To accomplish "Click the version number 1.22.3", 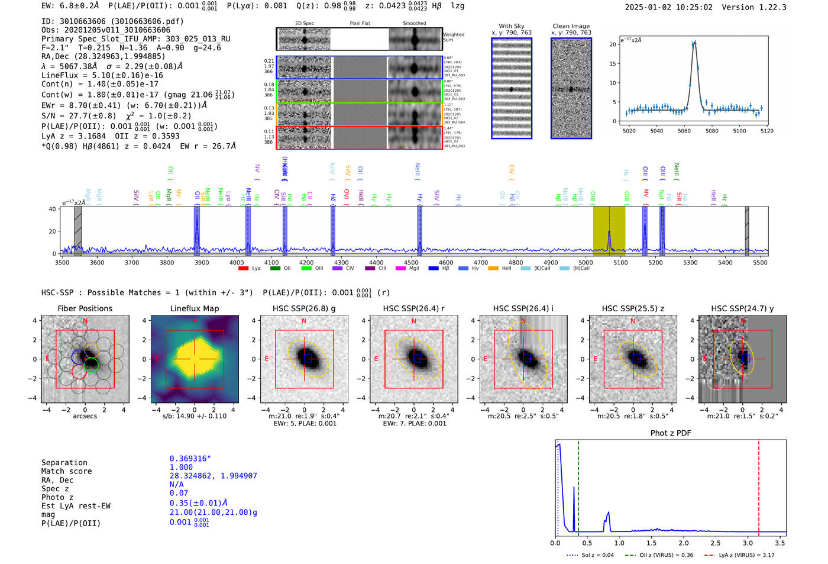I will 771,7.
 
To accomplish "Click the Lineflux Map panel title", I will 195,308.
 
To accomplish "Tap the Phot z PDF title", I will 671,433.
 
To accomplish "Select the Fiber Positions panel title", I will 85,308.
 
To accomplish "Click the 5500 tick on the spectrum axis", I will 760,263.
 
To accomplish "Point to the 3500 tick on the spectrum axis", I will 62,263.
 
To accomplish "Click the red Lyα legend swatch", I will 243,269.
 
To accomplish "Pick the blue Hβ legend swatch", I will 434,269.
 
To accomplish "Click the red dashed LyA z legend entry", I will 739,555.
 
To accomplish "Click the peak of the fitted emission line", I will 694,42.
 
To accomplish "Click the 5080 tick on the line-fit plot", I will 711,131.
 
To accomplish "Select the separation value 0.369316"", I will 190,459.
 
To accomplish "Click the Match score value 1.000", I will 181,468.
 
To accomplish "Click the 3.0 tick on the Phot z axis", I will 748,543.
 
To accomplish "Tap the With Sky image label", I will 512,26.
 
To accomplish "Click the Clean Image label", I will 571,26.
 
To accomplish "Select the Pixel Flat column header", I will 360,24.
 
